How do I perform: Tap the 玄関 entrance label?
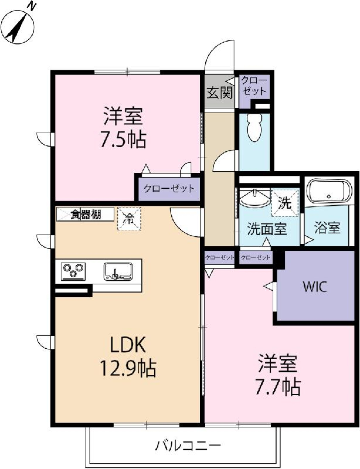pos(219,92)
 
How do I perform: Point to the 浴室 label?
pos(327,227)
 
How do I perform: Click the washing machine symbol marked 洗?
pos(284,203)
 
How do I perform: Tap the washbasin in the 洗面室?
pos(253,199)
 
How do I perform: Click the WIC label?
pos(315,287)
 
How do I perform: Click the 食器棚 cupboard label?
pos(86,214)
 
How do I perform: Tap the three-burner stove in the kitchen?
pos(73,271)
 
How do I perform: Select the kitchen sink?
pos(118,271)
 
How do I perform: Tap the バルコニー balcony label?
pos(188,446)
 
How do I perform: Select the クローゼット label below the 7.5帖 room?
pos(168,189)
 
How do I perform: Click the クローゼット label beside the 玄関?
pos(254,86)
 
